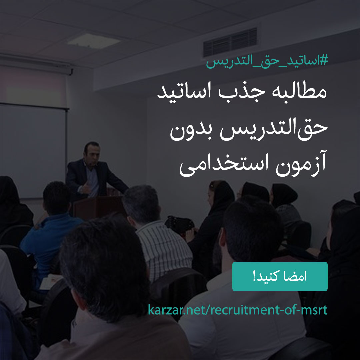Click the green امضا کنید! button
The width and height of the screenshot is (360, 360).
(x=280, y=276)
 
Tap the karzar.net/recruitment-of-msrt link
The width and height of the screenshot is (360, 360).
(x=238, y=310)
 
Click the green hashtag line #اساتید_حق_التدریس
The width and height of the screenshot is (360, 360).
(x=267, y=61)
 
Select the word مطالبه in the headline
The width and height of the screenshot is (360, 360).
(x=299, y=92)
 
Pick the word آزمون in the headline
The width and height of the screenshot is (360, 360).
(x=301, y=163)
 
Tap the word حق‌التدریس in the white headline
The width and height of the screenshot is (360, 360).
(x=274, y=129)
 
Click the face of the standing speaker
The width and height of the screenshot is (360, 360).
(x=92, y=154)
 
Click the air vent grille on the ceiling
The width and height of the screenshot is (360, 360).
(x=230, y=42)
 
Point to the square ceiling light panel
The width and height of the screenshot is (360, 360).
(x=94, y=41)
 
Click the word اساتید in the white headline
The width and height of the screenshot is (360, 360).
(x=184, y=92)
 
